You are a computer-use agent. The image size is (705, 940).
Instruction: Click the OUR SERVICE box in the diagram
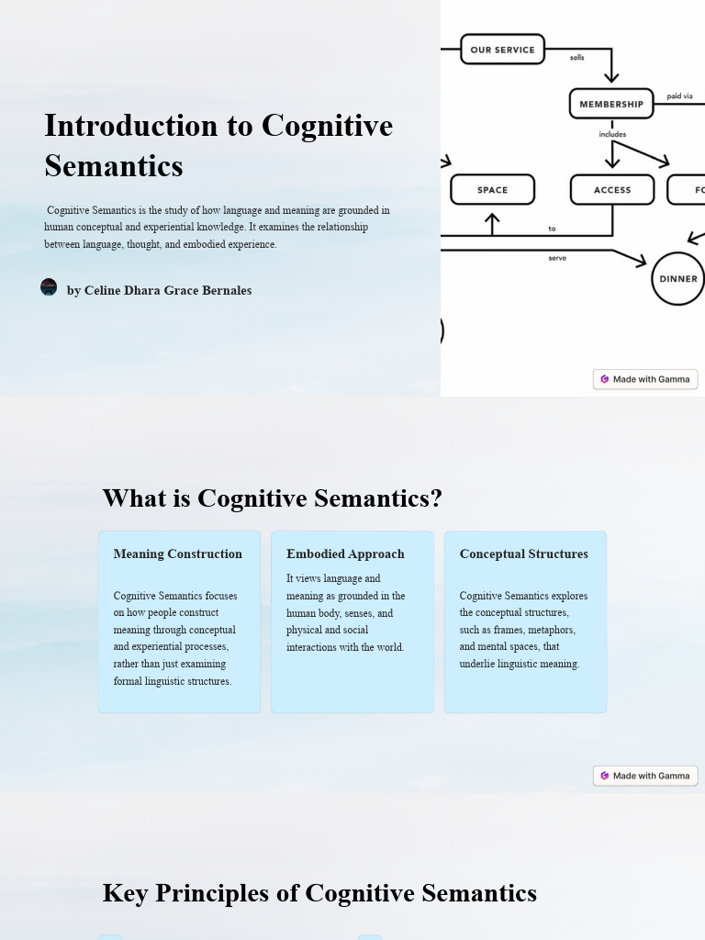pyautogui.click(x=502, y=50)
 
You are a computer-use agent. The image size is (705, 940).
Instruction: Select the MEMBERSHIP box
pyautogui.click(x=611, y=104)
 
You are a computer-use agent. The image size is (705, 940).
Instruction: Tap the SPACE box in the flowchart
pyautogui.click(x=492, y=190)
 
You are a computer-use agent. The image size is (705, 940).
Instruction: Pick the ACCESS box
pyautogui.click(x=612, y=190)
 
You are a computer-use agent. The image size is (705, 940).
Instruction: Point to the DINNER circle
pyautogui.click(x=678, y=278)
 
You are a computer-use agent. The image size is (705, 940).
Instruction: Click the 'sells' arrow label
pyautogui.click(x=576, y=58)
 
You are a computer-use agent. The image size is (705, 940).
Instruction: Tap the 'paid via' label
pyautogui.click(x=679, y=96)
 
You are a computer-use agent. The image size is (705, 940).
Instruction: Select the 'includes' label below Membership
pyautogui.click(x=612, y=134)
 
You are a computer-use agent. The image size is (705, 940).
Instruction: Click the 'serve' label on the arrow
pyautogui.click(x=557, y=258)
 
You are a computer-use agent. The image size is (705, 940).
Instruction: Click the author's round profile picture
pyautogui.click(x=49, y=287)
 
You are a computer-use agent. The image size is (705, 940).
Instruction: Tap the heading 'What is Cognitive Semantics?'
pyautogui.click(x=272, y=498)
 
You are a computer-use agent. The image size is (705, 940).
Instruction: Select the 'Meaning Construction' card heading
pyautogui.click(x=178, y=554)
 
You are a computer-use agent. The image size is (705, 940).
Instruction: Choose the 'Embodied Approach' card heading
pyautogui.click(x=345, y=554)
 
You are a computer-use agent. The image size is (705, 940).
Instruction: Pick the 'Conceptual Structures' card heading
pyautogui.click(x=524, y=554)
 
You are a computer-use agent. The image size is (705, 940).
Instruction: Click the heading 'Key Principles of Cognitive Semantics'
pyautogui.click(x=319, y=893)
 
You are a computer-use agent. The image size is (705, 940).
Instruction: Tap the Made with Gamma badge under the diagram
pyautogui.click(x=645, y=379)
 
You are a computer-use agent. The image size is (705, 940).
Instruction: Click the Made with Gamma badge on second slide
pyautogui.click(x=645, y=776)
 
